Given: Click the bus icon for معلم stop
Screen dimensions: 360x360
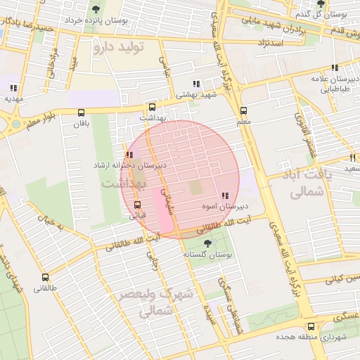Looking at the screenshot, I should (243, 110).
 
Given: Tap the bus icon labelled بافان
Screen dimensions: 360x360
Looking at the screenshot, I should (81, 112).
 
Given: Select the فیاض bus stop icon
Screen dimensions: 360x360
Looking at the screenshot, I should (137, 205).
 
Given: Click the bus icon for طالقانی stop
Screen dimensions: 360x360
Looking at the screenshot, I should (46, 277).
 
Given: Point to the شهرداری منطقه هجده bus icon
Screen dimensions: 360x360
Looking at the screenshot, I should (311, 326).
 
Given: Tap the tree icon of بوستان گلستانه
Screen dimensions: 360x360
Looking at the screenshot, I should (206, 243).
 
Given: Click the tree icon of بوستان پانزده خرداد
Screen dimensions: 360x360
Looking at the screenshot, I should (96, 9).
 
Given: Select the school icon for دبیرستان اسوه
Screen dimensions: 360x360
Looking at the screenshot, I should (224, 196).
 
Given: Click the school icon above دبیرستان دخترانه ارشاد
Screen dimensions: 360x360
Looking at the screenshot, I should (129, 155).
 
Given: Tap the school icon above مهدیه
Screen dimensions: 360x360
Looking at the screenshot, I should (13, 88).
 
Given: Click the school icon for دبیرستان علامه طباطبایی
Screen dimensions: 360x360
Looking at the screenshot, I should (335, 68).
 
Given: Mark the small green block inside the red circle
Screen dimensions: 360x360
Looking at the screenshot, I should (195, 188).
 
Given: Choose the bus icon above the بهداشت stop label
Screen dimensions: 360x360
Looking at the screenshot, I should (152, 108).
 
